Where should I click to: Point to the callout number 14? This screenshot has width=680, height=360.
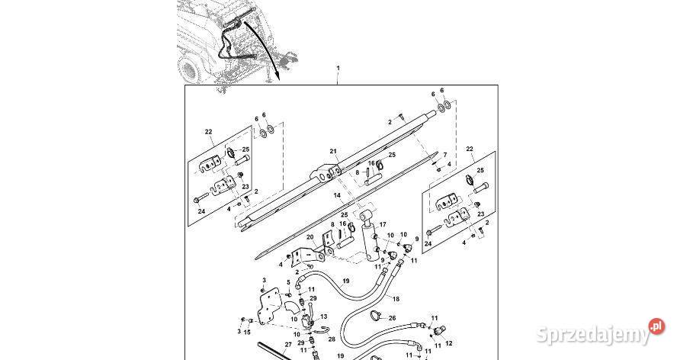336,196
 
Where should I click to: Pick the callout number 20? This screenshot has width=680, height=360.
310,238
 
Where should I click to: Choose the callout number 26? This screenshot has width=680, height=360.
393,318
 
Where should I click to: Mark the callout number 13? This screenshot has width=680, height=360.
323,316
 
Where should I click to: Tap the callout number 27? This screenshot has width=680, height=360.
288,345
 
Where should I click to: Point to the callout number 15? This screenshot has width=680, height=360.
245,332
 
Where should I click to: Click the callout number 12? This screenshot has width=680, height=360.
447,343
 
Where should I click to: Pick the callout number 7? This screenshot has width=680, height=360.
445,155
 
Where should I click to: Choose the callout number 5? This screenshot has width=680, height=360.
288,282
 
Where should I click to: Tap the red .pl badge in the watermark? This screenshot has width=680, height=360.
655,326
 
